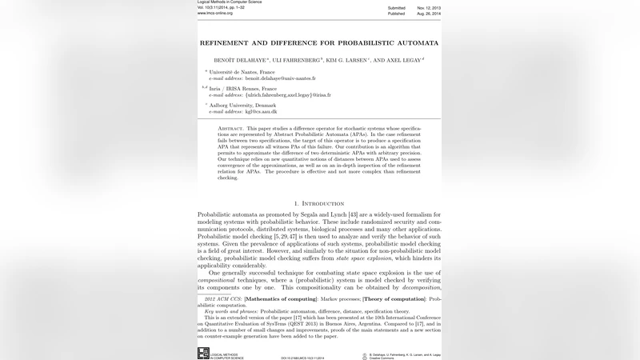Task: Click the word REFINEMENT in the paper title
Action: coord(226,42)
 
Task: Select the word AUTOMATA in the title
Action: coord(414,42)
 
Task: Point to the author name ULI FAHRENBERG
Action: coord(296,60)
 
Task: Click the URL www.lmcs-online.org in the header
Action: coord(214,14)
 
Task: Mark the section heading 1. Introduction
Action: coord(320,203)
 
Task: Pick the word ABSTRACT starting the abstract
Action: coord(232,128)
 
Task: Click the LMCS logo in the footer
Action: coord(203,352)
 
